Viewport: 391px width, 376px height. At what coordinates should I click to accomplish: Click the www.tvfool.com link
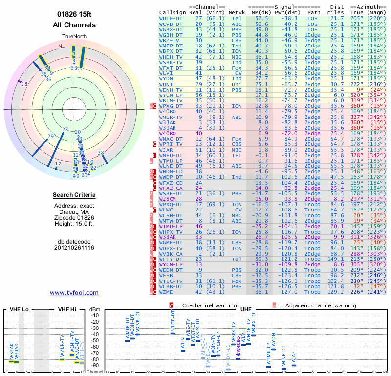click(74, 293)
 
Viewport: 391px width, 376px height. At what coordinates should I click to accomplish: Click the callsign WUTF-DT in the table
click(171, 18)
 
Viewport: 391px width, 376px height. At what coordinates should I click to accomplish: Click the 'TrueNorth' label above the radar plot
click(74, 37)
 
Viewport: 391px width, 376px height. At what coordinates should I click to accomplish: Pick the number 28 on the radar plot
click(24, 84)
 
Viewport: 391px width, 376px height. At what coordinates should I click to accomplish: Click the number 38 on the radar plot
click(101, 153)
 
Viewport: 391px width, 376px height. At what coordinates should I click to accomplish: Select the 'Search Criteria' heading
click(74, 195)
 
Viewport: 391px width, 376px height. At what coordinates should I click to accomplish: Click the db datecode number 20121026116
click(74, 248)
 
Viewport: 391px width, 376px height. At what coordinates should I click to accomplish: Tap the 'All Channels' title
click(74, 25)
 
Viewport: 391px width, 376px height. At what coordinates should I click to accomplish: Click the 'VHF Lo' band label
click(19, 309)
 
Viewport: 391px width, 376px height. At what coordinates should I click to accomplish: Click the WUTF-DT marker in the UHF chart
click(173, 333)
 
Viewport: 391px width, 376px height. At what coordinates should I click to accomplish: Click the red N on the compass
click(60, 46)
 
